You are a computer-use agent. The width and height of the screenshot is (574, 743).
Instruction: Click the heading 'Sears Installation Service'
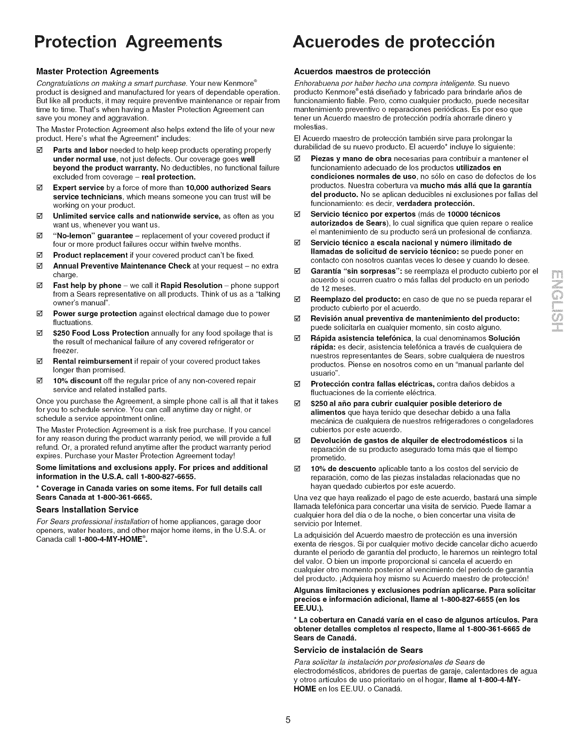87,509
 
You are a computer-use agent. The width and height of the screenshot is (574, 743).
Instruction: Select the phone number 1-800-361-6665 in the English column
126,497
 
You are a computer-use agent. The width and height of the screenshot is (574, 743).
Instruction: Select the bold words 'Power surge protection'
95,313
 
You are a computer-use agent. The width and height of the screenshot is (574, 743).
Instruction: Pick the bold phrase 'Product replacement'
90,255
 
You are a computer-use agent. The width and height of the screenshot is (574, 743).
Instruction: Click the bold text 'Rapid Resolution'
191,285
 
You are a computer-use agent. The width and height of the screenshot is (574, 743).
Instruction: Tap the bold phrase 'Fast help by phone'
87,285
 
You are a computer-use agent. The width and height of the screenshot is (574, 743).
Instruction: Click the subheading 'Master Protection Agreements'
98,71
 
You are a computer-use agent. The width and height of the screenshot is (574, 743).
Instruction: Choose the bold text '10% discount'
77,380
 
